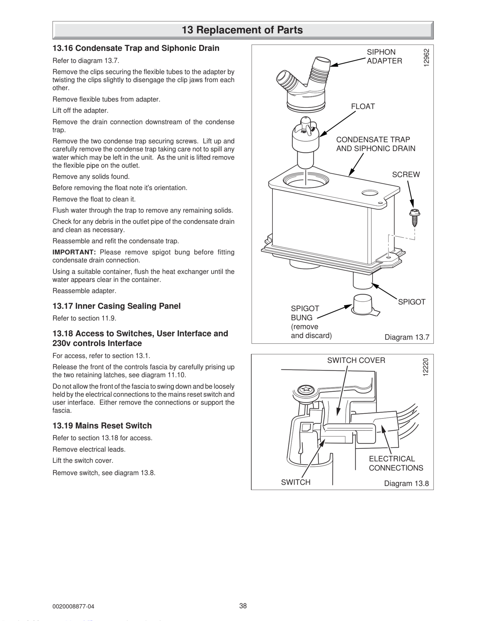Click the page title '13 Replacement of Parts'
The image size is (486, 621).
pyautogui.click(x=242, y=30)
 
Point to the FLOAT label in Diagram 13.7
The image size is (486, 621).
pyautogui.click(x=363, y=107)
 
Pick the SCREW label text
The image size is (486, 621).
pyautogui.click(x=406, y=175)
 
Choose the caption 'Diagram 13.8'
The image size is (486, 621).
pyautogui.click(x=406, y=483)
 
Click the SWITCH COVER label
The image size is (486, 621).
pyautogui.click(x=356, y=360)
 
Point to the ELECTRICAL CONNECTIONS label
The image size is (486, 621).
pyautogui.click(x=396, y=463)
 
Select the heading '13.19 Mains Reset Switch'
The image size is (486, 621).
pyautogui.click(x=102, y=426)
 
